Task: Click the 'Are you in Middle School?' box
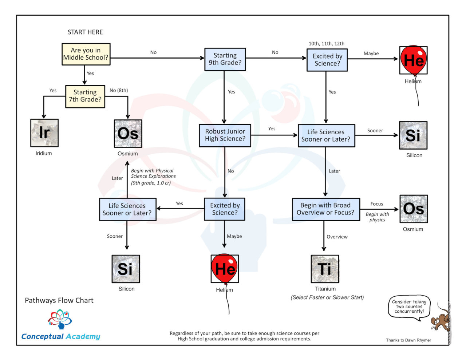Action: point(86,54)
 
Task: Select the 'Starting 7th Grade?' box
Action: point(85,96)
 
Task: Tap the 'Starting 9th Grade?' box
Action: point(225,59)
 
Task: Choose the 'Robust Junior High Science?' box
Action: point(225,135)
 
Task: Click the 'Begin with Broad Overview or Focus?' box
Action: point(325,209)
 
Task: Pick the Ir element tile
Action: point(44,133)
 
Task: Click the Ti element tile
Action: point(325,269)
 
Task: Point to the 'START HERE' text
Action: point(85,32)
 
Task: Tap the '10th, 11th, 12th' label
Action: point(326,44)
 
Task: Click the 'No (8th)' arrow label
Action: point(119,90)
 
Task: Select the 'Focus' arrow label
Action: point(376,204)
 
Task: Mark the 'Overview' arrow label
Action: point(337,237)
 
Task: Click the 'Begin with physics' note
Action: point(377,217)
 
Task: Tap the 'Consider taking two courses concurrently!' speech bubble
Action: point(409,306)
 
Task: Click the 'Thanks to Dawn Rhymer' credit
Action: point(408,340)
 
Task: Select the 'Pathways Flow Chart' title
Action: point(59,300)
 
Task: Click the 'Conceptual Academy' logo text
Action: point(60,336)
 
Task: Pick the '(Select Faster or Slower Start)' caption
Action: point(327,297)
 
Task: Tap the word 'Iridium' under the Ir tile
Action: point(44,153)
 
